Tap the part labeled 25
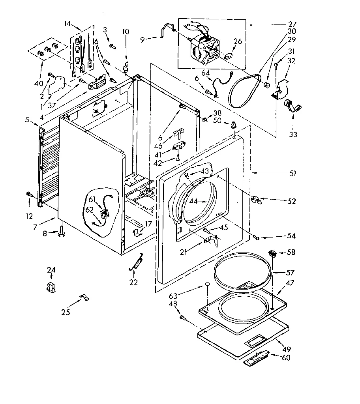click(x=84, y=297)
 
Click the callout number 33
click(x=292, y=135)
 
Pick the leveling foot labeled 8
click(x=62, y=234)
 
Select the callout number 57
click(x=291, y=272)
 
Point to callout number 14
click(x=67, y=24)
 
